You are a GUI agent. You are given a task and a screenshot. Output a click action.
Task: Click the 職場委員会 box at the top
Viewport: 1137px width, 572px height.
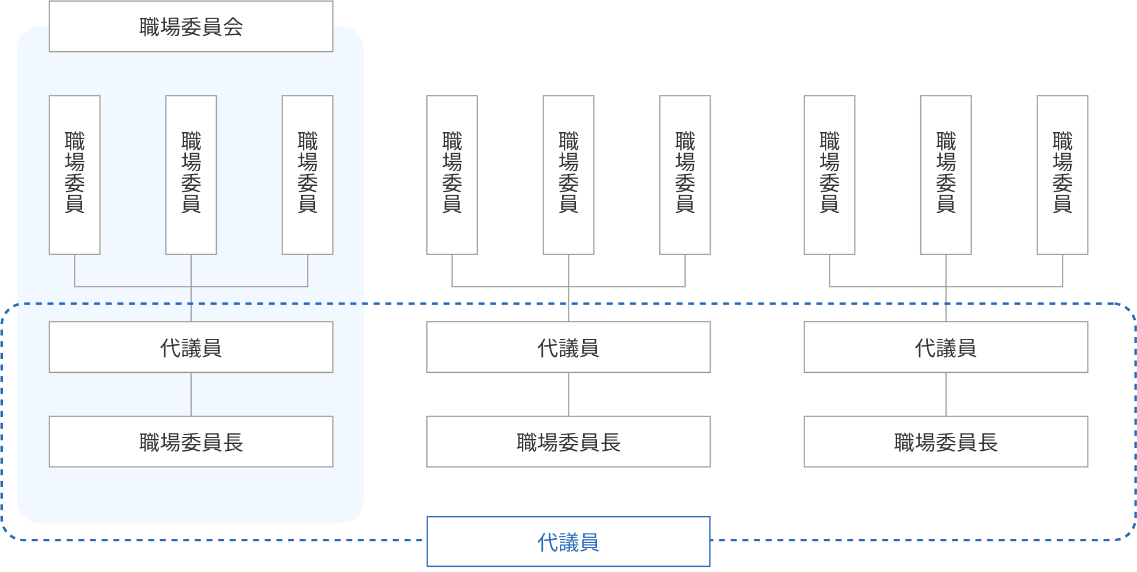pos(191,27)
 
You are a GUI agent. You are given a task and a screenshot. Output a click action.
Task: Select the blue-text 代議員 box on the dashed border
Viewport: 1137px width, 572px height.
pos(568,542)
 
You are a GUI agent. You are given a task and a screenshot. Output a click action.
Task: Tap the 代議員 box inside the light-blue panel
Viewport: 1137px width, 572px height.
pos(191,347)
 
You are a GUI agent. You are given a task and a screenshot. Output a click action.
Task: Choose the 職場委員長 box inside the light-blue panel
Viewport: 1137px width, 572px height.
pos(191,442)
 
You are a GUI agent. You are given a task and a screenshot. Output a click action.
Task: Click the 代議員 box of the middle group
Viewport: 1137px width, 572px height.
pos(568,347)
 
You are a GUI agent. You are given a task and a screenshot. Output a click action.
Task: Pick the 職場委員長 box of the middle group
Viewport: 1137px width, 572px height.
pos(568,442)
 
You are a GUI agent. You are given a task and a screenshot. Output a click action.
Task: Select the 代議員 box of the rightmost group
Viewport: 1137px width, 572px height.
pos(946,347)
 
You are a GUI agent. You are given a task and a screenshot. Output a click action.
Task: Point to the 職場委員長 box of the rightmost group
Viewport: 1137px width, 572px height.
pos(946,442)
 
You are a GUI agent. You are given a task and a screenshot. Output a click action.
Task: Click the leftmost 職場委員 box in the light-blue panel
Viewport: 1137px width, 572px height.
pos(75,175)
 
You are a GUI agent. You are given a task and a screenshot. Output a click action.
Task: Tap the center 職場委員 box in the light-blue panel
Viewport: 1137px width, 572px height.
pos(191,175)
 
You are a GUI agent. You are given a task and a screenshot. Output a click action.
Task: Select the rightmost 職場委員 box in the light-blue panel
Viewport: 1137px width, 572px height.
pos(308,175)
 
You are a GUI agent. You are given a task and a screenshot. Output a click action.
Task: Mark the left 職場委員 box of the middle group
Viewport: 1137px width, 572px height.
pos(452,175)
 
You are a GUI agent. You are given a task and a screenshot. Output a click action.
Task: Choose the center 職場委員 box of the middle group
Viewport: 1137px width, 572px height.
pos(568,175)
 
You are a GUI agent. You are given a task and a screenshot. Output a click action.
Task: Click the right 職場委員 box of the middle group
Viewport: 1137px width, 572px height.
pos(685,175)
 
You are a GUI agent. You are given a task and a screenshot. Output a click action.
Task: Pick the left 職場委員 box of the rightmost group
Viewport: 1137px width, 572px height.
pos(829,175)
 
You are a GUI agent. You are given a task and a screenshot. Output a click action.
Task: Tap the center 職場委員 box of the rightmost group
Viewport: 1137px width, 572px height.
pos(946,175)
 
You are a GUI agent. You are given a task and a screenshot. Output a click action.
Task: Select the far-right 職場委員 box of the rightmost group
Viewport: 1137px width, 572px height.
pos(1062,175)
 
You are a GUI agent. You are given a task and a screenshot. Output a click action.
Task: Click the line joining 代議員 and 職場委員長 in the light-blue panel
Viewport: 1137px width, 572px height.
pos(191,394)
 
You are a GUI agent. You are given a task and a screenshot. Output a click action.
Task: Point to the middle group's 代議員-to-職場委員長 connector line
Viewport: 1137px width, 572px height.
pos(568,394)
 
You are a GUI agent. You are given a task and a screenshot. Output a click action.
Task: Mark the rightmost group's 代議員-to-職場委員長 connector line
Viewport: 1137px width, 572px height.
pos(946,394)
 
